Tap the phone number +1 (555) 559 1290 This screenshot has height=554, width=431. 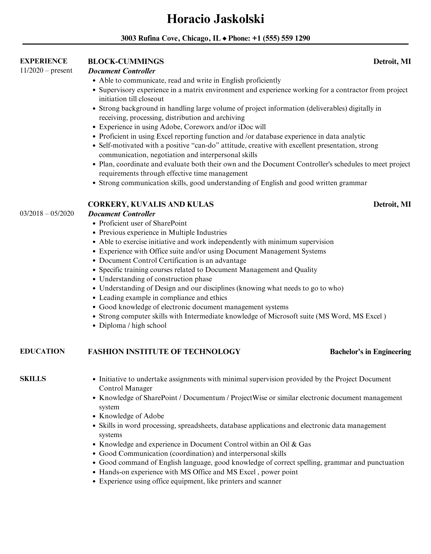tap(281, 39)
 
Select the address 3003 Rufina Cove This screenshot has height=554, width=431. tap(151, 39)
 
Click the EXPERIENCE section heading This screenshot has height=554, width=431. tap(44, 61)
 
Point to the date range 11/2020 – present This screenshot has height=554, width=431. tap(46, 71)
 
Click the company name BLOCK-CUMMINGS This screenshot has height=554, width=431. tap(126, 62)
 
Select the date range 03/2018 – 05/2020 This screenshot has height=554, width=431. tap(47, 213)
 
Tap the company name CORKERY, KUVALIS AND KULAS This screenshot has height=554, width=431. tap(151, 204)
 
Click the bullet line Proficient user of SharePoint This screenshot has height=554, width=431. tap(143, 223)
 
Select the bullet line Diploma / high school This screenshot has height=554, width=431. tap(133, 325)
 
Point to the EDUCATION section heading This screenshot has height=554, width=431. tap(42, 351)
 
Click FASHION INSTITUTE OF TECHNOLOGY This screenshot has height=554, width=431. tap(164, 352)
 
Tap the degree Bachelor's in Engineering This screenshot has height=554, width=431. tap(370, 352)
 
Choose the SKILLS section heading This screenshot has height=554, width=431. tap(33, 379)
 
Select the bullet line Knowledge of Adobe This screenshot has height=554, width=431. tap(131, 416)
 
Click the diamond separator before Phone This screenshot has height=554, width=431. tap(224, 39)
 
